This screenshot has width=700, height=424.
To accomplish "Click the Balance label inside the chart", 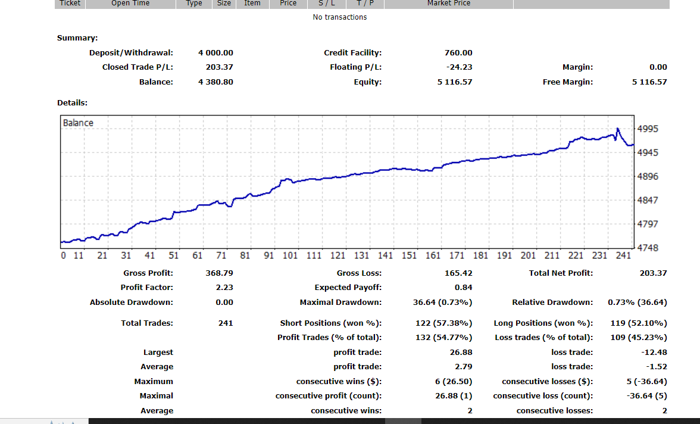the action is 78,123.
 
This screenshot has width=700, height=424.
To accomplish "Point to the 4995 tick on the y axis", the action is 648,129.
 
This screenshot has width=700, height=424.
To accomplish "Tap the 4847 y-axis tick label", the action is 648,200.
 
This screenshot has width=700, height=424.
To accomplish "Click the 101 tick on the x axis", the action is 290,255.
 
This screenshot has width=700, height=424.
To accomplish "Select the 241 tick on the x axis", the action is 623,255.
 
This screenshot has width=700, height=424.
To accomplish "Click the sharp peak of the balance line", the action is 617,129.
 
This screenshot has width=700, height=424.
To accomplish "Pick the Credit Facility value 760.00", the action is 458,53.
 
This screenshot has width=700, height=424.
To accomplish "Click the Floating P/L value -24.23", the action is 459,67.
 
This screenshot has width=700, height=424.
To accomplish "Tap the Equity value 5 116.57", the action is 455,82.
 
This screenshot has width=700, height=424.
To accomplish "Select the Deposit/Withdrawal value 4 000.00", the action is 215,53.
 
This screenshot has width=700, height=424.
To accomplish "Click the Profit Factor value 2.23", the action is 224,287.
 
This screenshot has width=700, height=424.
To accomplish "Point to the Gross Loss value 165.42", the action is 458,273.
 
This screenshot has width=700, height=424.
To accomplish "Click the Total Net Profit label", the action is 561,273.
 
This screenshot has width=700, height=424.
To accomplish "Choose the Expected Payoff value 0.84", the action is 463,287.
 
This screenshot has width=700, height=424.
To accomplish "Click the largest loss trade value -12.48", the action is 654,352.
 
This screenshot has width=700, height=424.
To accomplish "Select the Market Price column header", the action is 449,3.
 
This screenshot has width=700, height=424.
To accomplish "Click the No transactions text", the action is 340,17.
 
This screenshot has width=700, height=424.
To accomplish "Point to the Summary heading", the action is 77,38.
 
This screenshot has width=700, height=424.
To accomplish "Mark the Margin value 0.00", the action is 658,67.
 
